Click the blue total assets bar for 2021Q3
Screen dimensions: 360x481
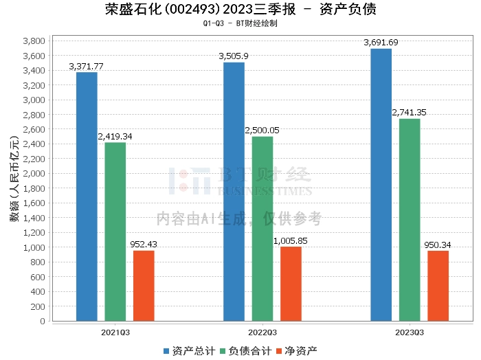click(x=87, y=196)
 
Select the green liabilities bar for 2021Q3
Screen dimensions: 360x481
click(x=115, y=232)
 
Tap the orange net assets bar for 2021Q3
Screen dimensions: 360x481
click(x=144, y=286)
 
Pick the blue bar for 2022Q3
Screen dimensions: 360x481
click(x=234, y=192)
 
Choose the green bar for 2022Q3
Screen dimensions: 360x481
click(x=262, y=229)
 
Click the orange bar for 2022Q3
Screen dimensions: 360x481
click(x=291, y=284)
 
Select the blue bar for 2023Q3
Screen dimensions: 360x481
click(x=381, y=185)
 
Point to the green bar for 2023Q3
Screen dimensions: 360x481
click(x=410, y=220)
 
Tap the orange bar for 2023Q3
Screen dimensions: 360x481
click(x=438, y=286)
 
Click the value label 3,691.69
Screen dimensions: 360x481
click(x=381, y=43)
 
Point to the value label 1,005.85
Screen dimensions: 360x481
click(x=291, y=241)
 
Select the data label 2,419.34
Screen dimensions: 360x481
click(x=115, y=137)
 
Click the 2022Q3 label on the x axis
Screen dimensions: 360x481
click(x=262, y=332)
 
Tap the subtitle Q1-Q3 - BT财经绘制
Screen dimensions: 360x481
click(x=240, y=23)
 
